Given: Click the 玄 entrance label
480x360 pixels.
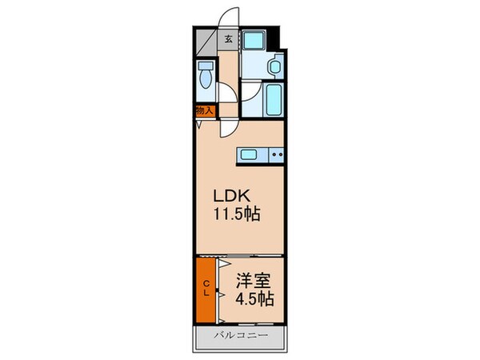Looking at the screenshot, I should (228, 38).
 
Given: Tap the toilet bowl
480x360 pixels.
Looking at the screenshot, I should (206, 80).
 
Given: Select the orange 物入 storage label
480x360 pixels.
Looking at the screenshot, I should (204, 111).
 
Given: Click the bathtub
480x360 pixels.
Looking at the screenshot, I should (272, 98).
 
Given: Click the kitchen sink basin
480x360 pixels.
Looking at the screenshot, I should (248, 154).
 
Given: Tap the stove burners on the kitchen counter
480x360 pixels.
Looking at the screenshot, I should (276, 155).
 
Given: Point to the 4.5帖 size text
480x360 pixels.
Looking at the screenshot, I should (254, 299).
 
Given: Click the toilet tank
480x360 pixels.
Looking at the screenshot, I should (206, 66).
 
